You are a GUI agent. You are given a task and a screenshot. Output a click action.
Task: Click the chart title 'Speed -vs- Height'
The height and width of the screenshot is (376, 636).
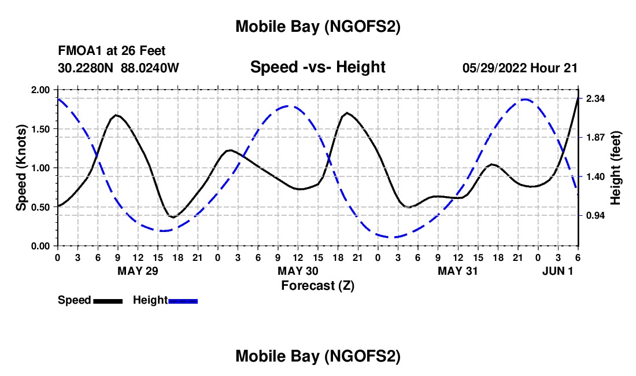coord(317,67)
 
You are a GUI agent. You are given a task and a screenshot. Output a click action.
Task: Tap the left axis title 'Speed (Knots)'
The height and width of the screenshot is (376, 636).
coord(21,167)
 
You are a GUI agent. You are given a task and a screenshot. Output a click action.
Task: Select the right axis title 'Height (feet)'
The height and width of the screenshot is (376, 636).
coord(615,168)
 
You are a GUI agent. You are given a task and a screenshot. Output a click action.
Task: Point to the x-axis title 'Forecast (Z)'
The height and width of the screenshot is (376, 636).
coord(317,285)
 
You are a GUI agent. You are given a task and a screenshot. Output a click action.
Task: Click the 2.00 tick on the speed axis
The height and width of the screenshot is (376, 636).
coord(41,90)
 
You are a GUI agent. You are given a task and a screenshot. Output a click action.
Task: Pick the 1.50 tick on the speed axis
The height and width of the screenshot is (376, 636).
coord(41,128)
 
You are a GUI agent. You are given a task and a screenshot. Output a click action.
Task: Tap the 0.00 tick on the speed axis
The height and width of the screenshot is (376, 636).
coord(41,246)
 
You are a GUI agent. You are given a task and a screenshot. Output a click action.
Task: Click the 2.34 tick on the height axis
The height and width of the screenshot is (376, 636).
coord(595,99)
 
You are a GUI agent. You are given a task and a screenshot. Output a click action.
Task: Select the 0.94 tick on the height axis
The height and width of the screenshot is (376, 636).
coord(595,216)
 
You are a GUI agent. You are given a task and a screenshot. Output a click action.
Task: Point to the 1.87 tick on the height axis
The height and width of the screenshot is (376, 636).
coord(595,137)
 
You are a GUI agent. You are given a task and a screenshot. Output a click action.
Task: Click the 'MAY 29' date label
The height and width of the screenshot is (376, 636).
coord(138,271)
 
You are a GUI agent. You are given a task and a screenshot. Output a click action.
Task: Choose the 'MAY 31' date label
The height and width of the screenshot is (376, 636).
coord(458,271)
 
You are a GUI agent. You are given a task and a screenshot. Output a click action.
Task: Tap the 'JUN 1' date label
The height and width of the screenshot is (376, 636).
coord(558,271)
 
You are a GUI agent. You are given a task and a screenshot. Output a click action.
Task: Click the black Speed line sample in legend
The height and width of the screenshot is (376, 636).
coord(107,300)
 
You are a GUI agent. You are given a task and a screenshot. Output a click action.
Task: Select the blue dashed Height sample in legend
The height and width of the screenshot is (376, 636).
coord(183,300)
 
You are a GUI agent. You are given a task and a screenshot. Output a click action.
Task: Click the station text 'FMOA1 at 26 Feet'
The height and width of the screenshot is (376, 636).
coord(112,51)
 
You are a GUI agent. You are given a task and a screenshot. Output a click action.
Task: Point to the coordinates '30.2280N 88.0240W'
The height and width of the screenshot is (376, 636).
coord(119,68)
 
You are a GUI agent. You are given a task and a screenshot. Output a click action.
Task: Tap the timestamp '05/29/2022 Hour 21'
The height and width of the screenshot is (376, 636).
coord(520,68)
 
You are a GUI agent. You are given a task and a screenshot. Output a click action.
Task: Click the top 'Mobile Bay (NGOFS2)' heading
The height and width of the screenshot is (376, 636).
coord(317,27)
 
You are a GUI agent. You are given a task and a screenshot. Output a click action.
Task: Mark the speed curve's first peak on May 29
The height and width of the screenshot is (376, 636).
coord(117,115)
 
